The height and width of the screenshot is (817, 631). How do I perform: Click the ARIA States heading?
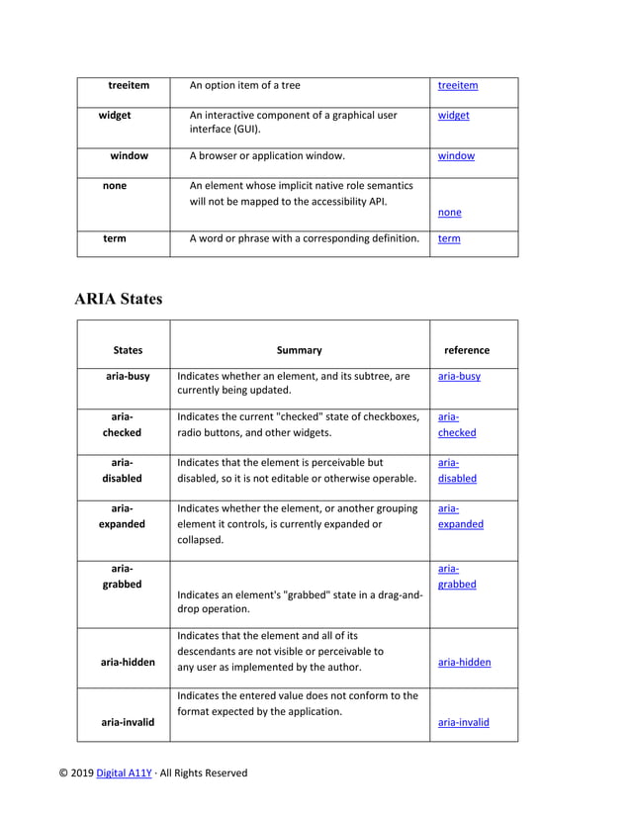[x=118, y=299]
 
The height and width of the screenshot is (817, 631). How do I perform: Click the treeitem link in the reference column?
[x=457, y=85]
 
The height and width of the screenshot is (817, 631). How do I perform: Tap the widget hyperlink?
[x=453, y=115]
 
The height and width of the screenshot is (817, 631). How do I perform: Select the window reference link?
[x=456, y=155]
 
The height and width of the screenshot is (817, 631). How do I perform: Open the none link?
[x=449, y=212]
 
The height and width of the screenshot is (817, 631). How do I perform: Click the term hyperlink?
[x=448, y=238]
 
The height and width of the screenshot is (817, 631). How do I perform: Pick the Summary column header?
[x=299, y=350]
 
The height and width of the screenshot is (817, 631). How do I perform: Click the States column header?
[x=128, y=350]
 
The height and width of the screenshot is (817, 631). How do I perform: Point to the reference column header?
[x=467, y=350]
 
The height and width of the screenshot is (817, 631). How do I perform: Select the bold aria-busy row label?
[x=128, y=376]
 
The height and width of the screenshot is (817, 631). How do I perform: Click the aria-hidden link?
[x=464, y=663]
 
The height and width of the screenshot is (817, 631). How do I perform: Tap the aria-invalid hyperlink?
[x=463, y=722]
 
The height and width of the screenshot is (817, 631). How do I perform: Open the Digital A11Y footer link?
[x=124, y=773]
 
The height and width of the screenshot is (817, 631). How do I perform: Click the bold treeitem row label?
[x=129, y=85]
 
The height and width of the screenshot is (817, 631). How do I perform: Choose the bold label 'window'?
[x=129, y=155]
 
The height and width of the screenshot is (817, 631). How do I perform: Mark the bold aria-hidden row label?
[x=128, y=663]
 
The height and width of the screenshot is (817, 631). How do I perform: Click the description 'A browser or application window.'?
[x=267, y=155]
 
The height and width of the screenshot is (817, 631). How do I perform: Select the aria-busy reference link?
[x=459, y=376]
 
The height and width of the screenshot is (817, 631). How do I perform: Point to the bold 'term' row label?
[x=114, y=238]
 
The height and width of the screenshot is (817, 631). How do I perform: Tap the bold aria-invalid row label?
[x=128, y=722]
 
